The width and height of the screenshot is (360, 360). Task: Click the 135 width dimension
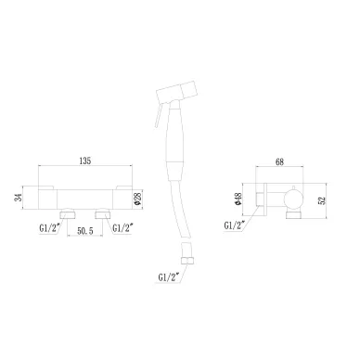tap(85, 161)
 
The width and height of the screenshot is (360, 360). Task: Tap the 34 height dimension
tap(18, 198)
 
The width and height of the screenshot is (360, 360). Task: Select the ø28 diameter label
tap(138, 199)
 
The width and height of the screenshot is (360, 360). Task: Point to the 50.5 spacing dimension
tap(85, 231)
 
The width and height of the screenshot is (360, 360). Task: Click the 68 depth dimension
tap(279, 162)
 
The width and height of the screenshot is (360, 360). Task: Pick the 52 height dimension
tap(322, 200)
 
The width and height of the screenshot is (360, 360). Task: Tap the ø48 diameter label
tap(238, 199)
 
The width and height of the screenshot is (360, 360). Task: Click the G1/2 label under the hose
tap(169, 277)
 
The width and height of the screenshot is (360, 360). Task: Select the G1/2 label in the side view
tap(235, 225)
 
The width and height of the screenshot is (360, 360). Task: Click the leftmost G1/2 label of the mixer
tap(50, 228)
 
